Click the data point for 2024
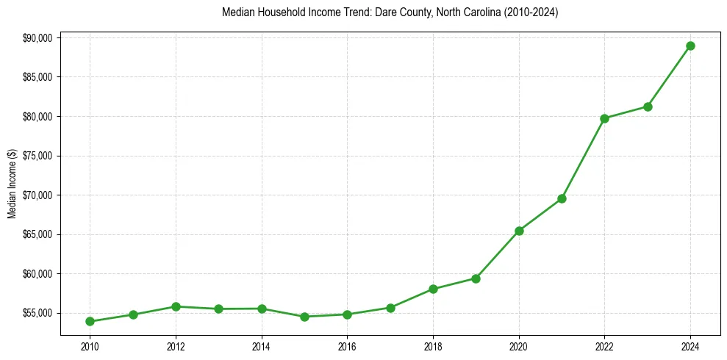click(x=690, y=46)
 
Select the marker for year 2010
click(x=90, y=321)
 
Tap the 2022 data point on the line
click(x=604, y=118)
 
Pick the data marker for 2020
click(x=519, y=231)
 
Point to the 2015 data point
click(x=304, y=317)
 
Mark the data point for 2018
click(x=433, y=289)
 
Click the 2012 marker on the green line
click(x=176, y=306)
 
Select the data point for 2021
click(x=562, y=198)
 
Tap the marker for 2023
click(x=648, y=107)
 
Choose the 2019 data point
click(x=476, y=278)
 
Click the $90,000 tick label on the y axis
click(x=37, y=38)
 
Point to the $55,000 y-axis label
click(x=37, y=313)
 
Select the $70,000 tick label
click(x=37, y=195)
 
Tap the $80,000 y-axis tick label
click(x=37, y=117)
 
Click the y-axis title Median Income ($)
click(x=12, y=184)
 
